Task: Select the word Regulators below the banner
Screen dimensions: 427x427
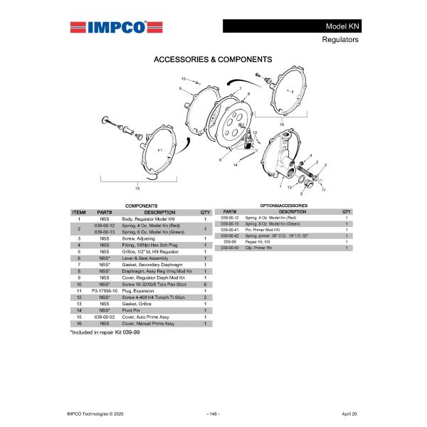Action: (x=340, y=40)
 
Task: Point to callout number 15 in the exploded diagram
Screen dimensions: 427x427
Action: (x=137, y=188)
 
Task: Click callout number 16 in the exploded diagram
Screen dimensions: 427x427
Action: (x=281, y=124)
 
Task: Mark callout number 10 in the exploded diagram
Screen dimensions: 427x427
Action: (x=183, y=78)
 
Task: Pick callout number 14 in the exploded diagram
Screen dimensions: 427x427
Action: (x=234, y=164)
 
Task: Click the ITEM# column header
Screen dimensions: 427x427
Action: (x=79, y=212)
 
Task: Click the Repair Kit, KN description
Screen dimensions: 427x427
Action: (x=258, y=242)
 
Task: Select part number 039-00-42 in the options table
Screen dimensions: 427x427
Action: (x=230, y=236)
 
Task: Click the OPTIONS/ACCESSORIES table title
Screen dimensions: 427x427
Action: (x=284, y=205)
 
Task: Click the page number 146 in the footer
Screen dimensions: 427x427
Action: (x=213, y=413)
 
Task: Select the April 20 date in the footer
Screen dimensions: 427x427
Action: (x=349, y=413)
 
